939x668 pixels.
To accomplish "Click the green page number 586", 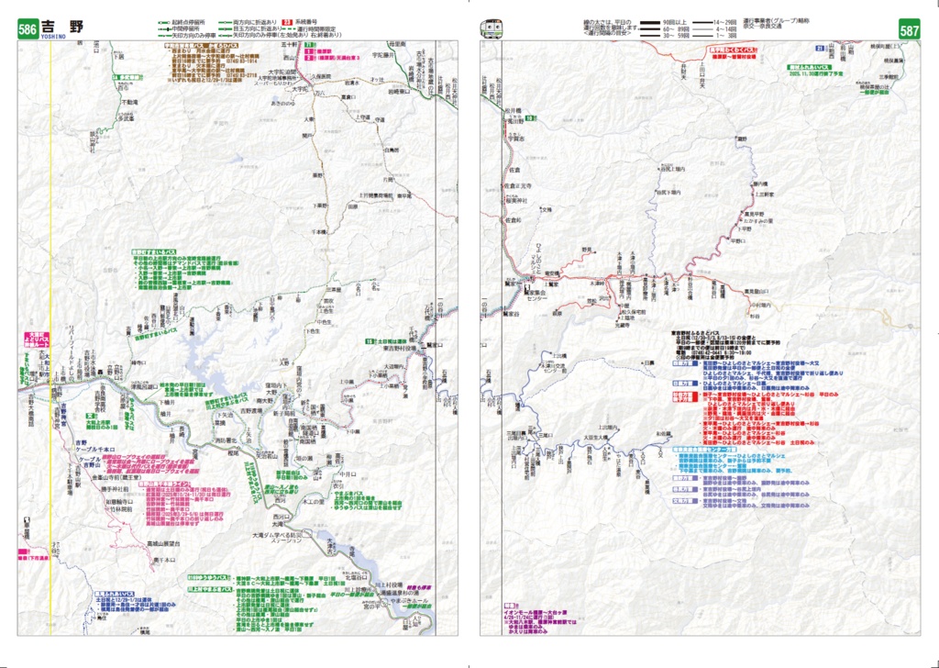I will [x=28, y=29].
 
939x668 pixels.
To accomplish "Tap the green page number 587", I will [x=909, y=29].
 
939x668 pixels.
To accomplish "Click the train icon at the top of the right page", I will [x=492, y=28].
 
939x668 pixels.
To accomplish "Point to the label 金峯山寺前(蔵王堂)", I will [x=110, y=477].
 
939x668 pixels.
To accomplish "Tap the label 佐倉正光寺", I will [x=519, y=186].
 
